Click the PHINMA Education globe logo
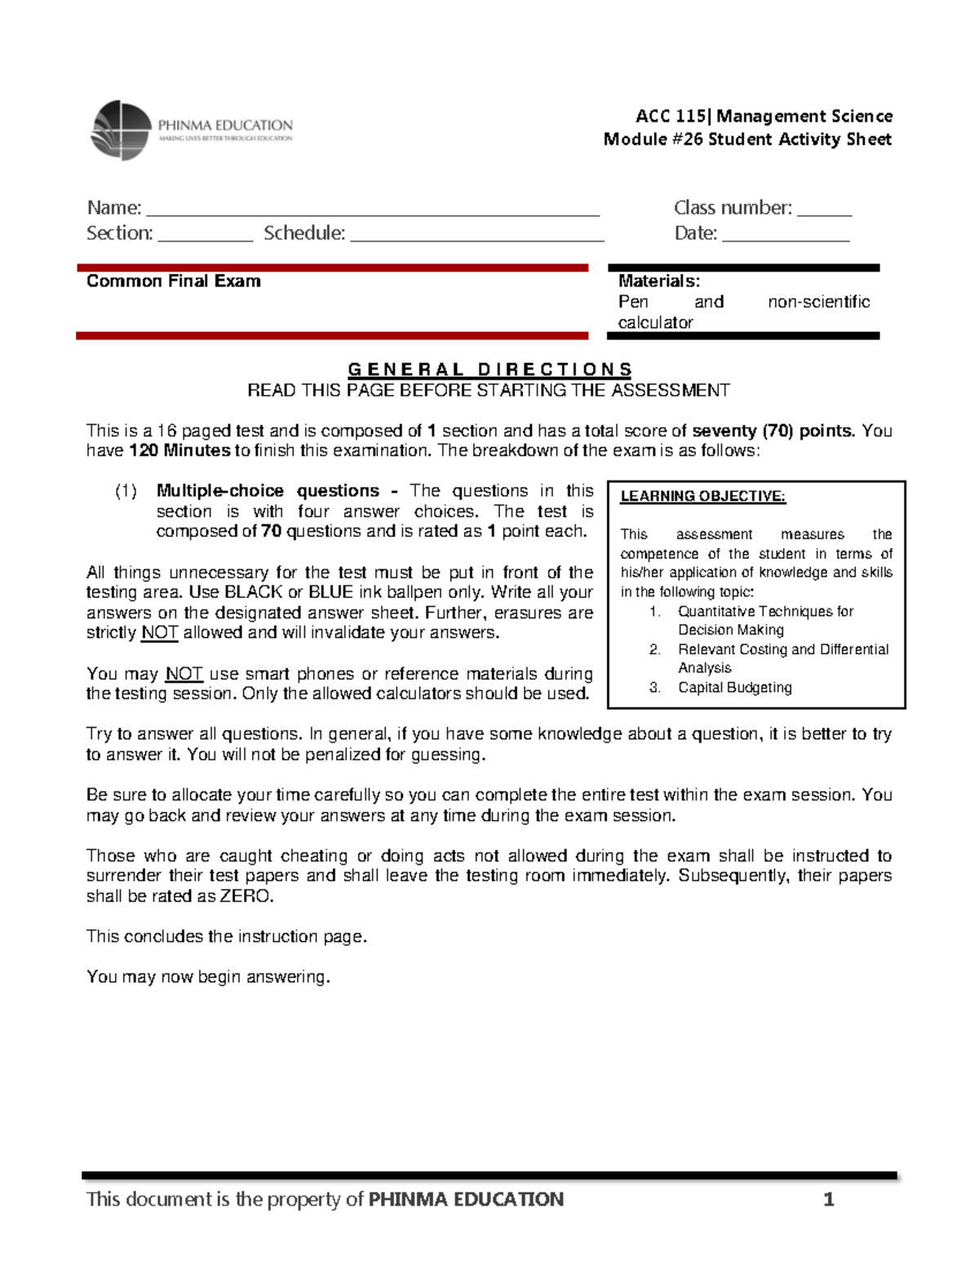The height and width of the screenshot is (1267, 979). pos(122,130)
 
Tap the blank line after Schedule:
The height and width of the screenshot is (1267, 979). pos(476,237)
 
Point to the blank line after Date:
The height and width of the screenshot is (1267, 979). pos(786,237)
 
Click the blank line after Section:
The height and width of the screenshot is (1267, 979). pos(206,237)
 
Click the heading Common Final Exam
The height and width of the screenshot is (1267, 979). pos(174,281)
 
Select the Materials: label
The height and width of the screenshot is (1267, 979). pos(658,281)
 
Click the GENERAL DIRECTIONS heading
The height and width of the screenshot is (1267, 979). pos(489,370)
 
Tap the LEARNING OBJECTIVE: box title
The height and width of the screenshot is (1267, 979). pos(702,496)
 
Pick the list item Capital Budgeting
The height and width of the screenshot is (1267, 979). pos(734,688)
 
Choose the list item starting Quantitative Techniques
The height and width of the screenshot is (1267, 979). pos(765,612)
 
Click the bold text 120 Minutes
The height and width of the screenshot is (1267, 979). pos(179,450)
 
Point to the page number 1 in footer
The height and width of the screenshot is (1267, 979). pos(828,1199)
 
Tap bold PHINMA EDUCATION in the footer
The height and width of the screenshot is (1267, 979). pos(466,1199)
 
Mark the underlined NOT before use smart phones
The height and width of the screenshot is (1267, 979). pos(184,674)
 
